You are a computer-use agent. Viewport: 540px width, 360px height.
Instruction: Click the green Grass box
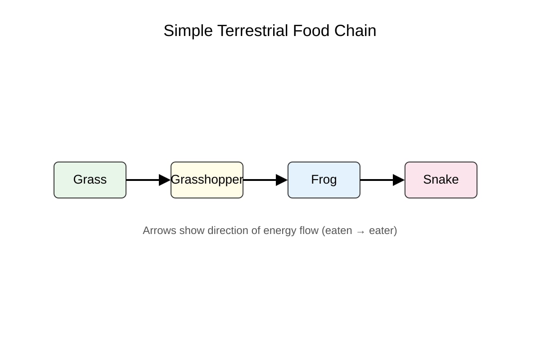(x=90, y=180)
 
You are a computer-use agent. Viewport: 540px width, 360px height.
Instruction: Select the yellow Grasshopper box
(x=207, y=180)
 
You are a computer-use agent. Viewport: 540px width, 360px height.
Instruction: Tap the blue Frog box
(x=324, y=180)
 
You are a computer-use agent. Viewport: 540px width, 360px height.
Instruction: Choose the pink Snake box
(x=441, y=180)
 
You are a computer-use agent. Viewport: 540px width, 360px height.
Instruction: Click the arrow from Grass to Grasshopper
(x=148, y=180)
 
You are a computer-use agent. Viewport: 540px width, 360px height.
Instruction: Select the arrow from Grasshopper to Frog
(x=265, y=180)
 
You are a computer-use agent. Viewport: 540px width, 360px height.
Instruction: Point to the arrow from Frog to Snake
(x=382, y=180)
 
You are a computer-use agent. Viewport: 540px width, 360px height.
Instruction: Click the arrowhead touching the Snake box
(x=399, y=180)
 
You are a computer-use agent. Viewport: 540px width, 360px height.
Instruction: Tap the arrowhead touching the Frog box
(x=282, y=180)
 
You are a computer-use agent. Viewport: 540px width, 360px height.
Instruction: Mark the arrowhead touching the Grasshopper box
(x=165, y=180)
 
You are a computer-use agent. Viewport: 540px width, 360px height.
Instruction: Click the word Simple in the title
(x=188, y=31)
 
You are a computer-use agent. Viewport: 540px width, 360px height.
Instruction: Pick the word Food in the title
(x=311, y=31)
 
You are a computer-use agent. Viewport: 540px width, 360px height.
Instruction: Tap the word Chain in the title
(x=355, y=31)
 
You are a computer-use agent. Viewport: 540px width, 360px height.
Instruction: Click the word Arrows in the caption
(x=160, y=230)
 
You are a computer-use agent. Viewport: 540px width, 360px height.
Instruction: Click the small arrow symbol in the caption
(x=360, y=232)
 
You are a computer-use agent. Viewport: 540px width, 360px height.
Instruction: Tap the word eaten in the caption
(x=339, y=231)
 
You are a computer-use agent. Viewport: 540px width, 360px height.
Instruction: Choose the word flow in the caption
(x=309, y=230)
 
